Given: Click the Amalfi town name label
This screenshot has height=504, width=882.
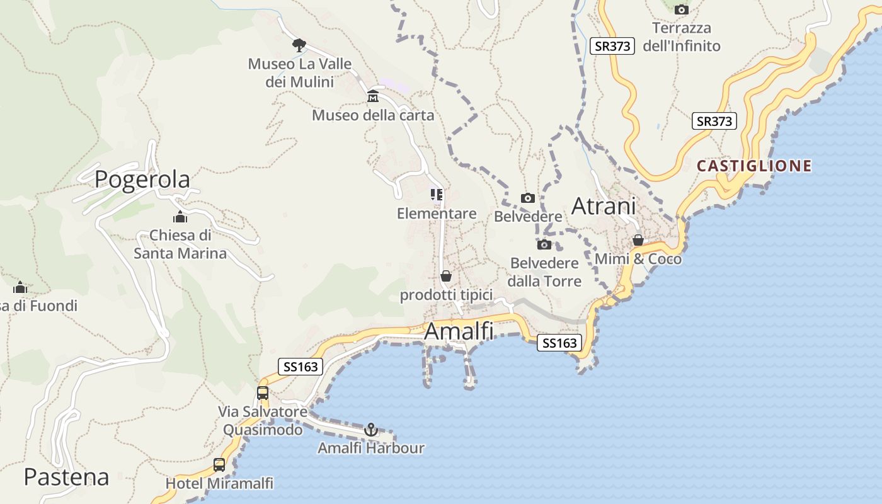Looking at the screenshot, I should pos(459,331).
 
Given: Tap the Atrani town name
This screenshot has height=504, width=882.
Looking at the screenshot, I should pos(604,206).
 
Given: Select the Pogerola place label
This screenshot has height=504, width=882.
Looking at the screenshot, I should pos(142,180).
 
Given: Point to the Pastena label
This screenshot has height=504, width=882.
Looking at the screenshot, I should pos(66,477).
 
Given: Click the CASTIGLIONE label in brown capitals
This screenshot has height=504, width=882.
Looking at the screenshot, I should pos(754,166).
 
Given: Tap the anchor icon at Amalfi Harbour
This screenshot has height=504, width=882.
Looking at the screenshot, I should pos(371,430).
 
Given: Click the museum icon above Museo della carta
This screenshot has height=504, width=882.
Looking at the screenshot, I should pos(373,96).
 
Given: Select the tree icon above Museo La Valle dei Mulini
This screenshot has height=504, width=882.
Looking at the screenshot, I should pos(299,45).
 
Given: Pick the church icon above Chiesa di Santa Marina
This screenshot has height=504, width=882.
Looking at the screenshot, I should pos(180,217).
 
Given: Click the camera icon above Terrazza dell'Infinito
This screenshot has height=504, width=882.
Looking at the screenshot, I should pos(681,9).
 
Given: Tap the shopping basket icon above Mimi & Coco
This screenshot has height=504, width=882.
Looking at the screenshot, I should pos(638,240).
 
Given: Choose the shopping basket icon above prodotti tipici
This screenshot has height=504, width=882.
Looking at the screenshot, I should pos(446,276).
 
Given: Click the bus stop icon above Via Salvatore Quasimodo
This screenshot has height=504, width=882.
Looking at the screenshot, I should pos(263,393).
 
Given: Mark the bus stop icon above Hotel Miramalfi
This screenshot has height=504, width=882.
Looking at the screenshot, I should pos(219,465).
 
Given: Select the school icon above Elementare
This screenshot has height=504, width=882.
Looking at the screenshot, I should pos(437,194).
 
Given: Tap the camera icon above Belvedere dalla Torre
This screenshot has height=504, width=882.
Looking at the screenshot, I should pos(544,244).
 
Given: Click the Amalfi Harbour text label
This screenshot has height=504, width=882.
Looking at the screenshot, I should pos(370,448).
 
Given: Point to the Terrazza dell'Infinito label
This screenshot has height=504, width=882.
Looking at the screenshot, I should pos(682,37).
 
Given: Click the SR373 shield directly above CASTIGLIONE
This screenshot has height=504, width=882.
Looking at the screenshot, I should pos(714,121).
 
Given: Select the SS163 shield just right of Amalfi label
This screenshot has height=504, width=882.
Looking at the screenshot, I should pos(559,343).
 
